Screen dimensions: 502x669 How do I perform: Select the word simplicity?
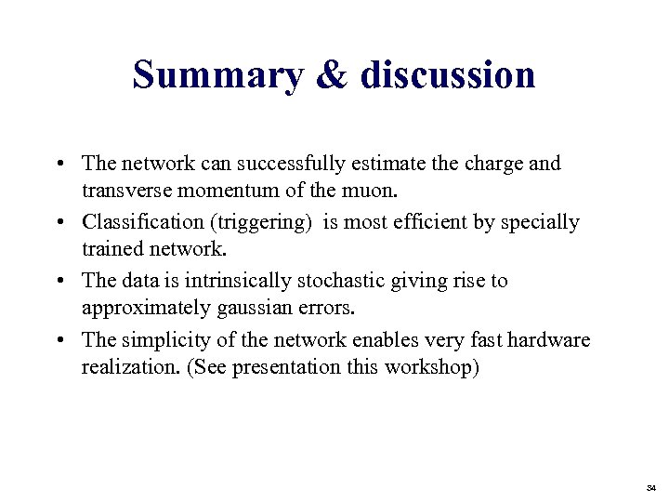[152, 339]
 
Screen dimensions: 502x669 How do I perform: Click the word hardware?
[552, 339]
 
